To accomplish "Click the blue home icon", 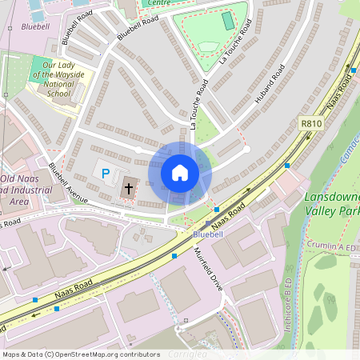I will pyautogui.click(x=180, y=173).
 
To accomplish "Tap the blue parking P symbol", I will pyautogui.click(x=103, y=171).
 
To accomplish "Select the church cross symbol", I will pyautogui.click(x=128, y=189).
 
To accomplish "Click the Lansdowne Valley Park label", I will pyautogui.click(x=332, y=203).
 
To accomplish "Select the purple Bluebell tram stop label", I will pyautogui.click(x=209, y=234).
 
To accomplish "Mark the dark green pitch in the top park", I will pyautogui.click(x=229, y=21).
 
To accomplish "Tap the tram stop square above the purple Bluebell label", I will pyautogui.click(x=210, y=223).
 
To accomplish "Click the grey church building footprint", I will pyautogui.click(x=128, y=187).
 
